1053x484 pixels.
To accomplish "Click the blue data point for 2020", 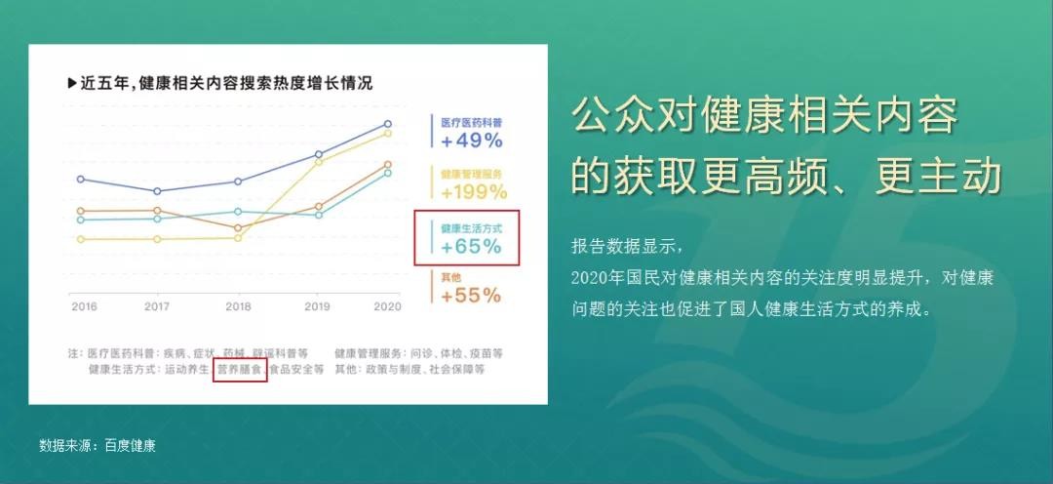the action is (x=387, y=124).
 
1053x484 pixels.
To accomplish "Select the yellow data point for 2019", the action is (x=319, y=162).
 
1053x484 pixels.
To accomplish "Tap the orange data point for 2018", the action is (x=238, y=228).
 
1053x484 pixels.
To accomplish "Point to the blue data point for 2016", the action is (x=81, y=179).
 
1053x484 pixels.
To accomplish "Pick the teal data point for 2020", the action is (x=387, y=173).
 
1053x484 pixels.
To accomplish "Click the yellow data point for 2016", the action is (x=81, y=239).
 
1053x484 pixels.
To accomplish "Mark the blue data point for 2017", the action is (x=157, y=191).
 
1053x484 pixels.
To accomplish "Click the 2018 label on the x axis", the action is (x=239, y=306).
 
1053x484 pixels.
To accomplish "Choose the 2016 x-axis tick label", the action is (x=84, y=306).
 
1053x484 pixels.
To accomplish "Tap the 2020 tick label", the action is (x=387, y=306).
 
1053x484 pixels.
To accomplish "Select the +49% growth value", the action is (x=472, y=141).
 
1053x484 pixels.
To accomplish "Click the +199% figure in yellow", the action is (x=474, y=192).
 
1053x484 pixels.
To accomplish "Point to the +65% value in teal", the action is (x=472, y=247).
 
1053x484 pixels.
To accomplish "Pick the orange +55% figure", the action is (x=471, y=295).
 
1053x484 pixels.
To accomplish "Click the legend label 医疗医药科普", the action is (x=472, y=123).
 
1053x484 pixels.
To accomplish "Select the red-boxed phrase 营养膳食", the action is (x=240, y=370).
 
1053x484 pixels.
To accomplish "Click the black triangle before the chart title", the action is (x=72, y=84).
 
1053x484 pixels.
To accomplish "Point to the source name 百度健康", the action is (x=131, y=446).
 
